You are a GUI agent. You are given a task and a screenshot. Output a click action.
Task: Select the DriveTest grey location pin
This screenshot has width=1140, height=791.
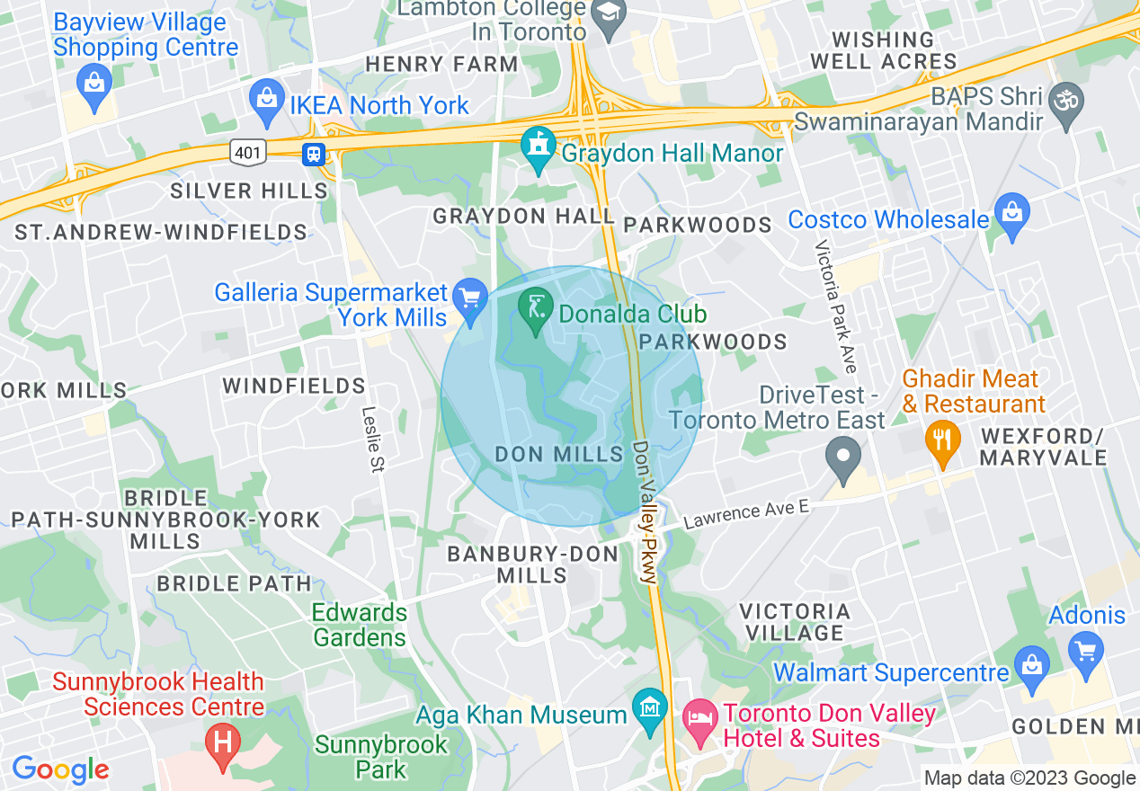(x=842, y=456)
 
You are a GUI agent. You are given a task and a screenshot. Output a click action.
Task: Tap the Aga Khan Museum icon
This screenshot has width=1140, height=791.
(x=648, y=711)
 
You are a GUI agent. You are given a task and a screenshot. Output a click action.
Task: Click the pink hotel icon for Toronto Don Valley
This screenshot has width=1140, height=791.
(x=699, y=717)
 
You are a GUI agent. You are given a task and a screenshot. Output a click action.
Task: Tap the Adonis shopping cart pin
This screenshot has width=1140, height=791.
(x=1086, y=646)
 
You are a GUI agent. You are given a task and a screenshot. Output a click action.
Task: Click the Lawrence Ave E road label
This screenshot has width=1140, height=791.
(x=746, y=514)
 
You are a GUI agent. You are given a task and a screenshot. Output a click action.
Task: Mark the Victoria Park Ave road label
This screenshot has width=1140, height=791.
(x=836, y=307)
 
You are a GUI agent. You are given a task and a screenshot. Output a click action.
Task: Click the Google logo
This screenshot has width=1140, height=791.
(x=60, y=769)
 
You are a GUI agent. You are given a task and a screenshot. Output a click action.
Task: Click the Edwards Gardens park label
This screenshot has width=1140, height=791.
(x=360, y=625)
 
